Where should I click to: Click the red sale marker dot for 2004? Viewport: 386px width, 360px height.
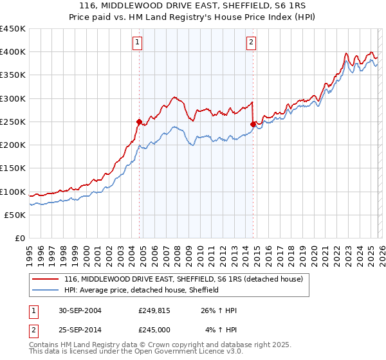[139, 122]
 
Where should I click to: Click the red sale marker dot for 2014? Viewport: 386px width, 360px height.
[253, 124]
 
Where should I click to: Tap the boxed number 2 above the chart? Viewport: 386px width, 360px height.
[251, 43]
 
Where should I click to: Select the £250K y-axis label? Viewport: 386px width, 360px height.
[13, 122]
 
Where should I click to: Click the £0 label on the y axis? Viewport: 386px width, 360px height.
[19, 238]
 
